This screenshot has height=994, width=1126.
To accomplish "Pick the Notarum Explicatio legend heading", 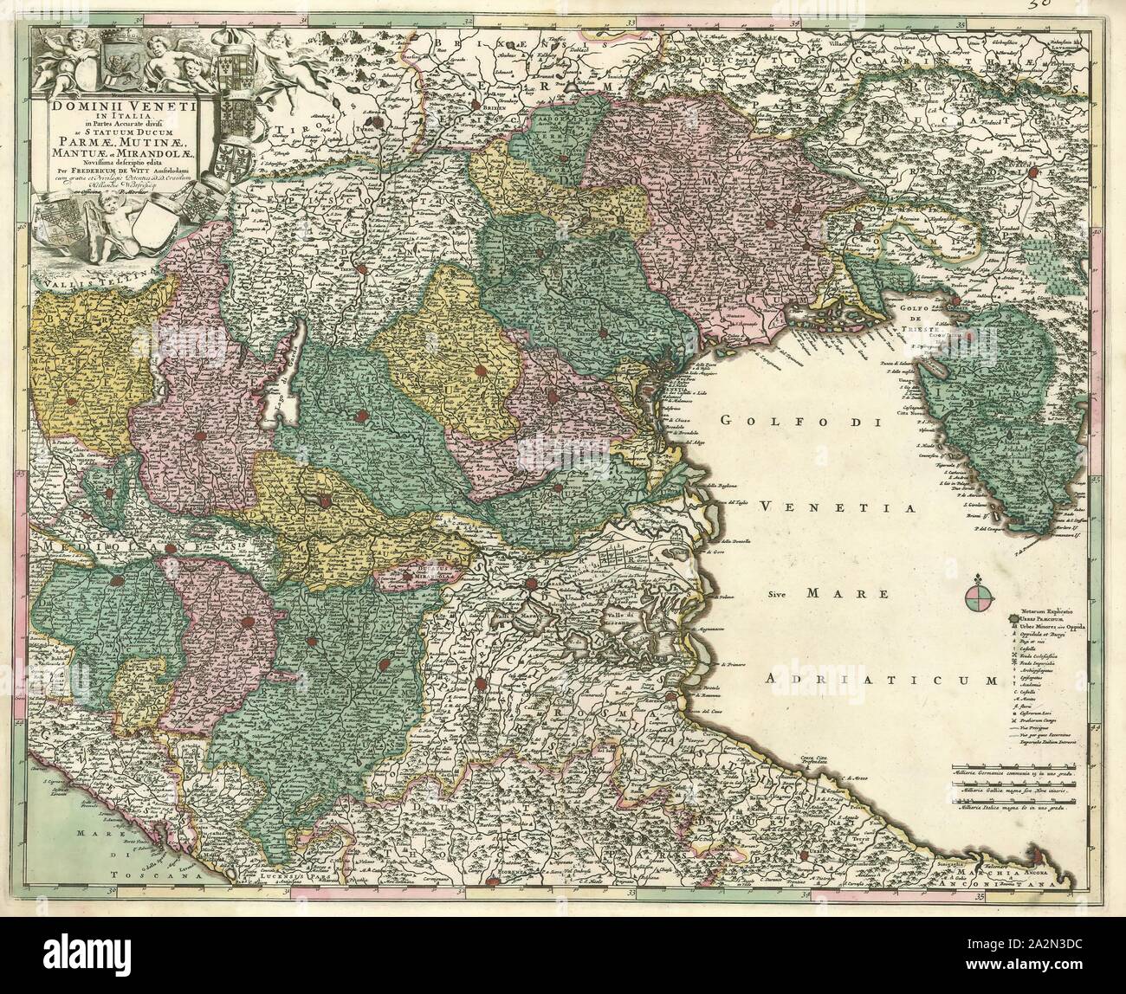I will point(1045,612).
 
